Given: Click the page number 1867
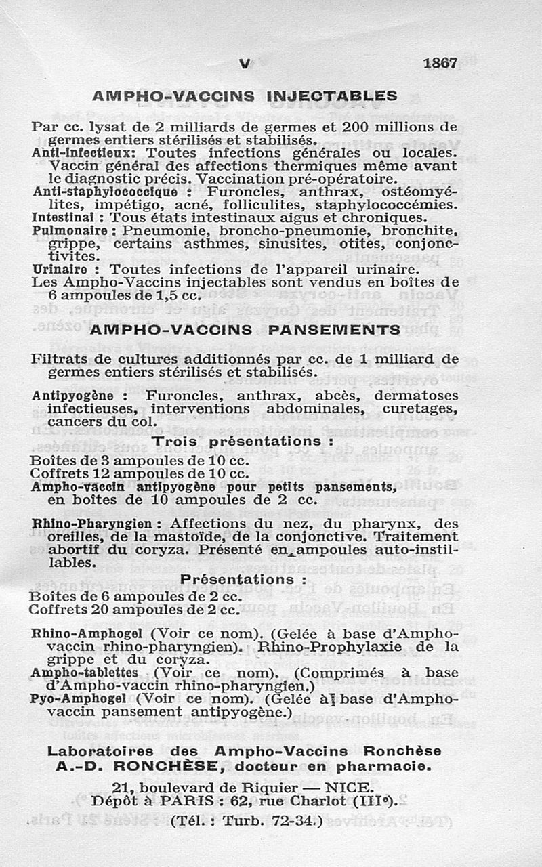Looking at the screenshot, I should tap(440, 63).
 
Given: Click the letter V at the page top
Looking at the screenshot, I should tap(245, 63).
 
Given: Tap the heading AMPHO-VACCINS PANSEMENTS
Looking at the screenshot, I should tap(245, 330).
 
